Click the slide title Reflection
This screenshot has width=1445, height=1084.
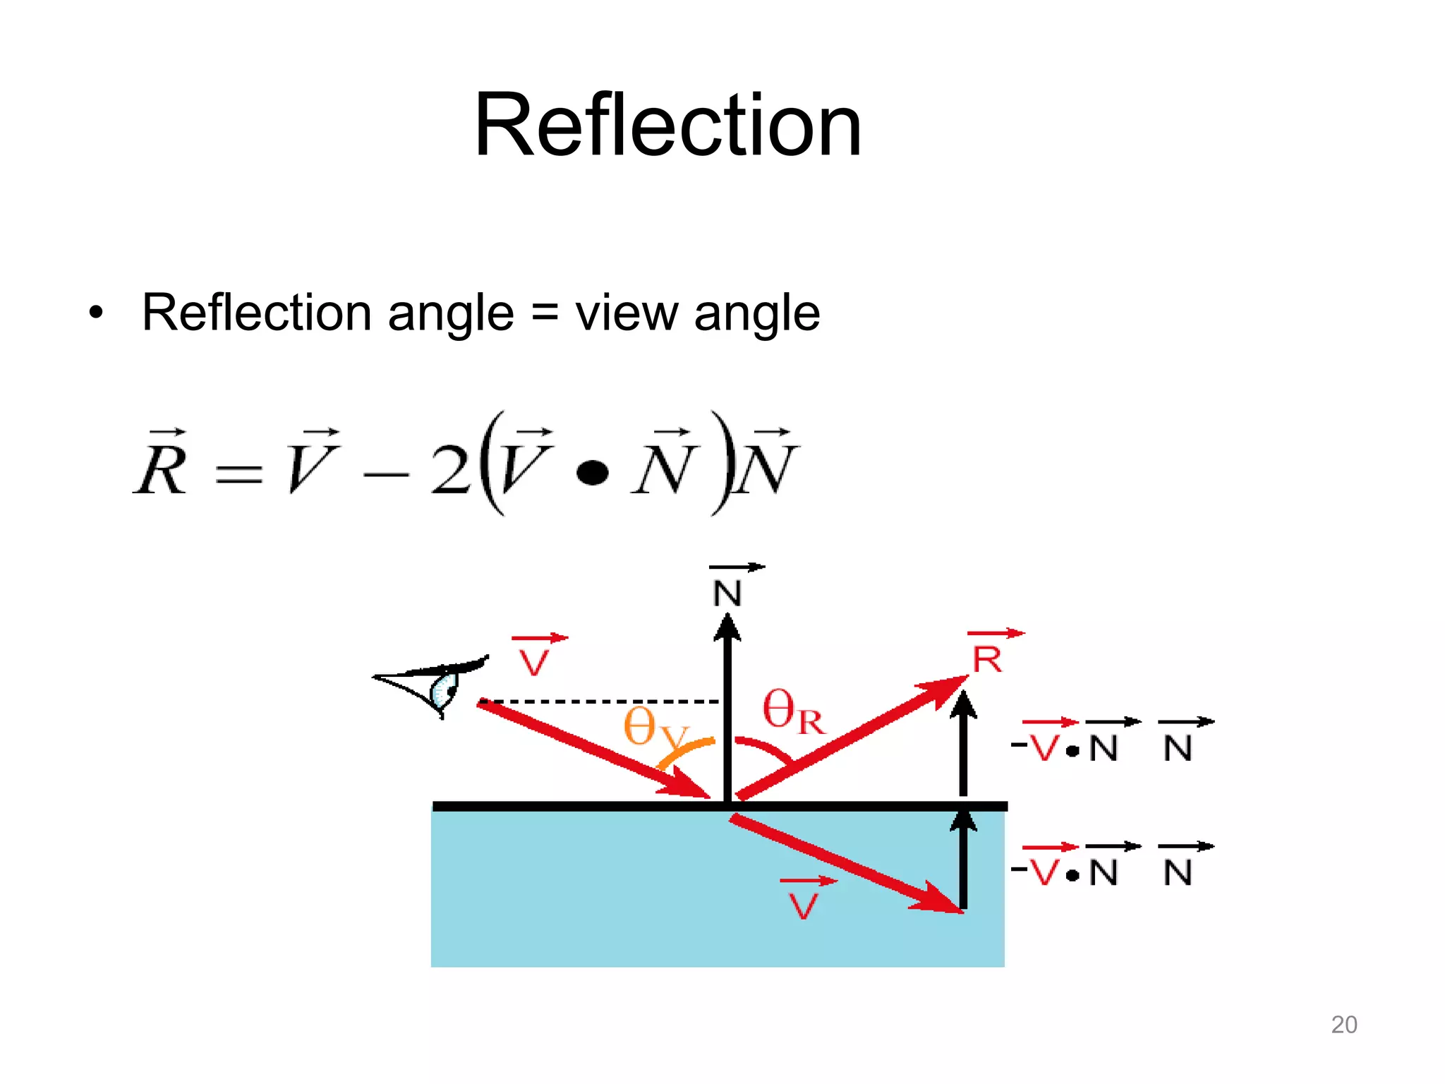pyautogui.click(x=667, y=126)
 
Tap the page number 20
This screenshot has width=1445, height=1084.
pyautogui.click(x=1343, y=1024)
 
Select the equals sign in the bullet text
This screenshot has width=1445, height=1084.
pyautogui.click(x=544, y=314)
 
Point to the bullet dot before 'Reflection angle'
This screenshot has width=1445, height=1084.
pyautogui.click(x=96, y=313)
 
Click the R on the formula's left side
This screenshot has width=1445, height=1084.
pyautogui.click(x=162, y=469)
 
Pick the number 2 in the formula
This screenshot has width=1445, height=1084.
pyautogui.click(x=450, y=470)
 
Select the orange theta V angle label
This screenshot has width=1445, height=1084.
pyautogui.click(x=653, y=728)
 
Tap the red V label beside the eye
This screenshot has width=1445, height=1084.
pyautogui.click(x=535, y=661)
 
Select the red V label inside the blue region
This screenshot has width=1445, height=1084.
pyautogui.click(x=804, y=904)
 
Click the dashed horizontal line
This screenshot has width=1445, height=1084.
pyautogui.click(x=600, y=701)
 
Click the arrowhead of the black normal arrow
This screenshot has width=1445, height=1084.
pyautogui.click(x=727, y=627)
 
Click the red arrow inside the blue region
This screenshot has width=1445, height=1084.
pyautogui.click(x=847, y=865)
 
